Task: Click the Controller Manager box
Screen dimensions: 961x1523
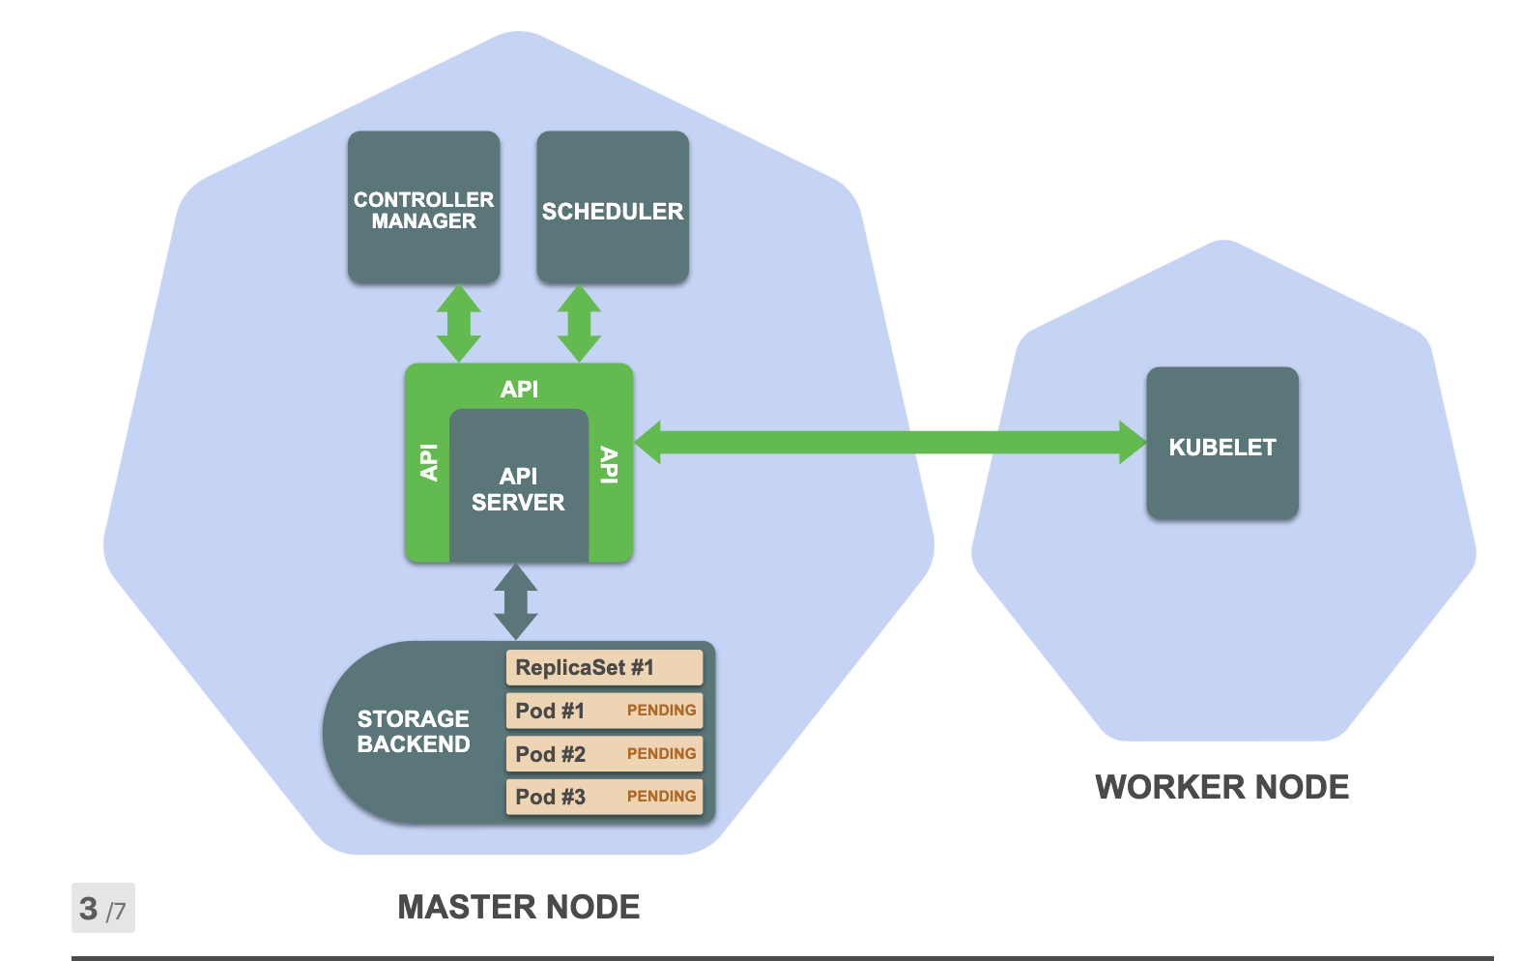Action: point(423,208)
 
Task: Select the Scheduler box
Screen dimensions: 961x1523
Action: point(613,208)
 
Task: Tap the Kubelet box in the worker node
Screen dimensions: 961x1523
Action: point(1222,444)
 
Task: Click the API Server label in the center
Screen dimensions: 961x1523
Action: point(518,489)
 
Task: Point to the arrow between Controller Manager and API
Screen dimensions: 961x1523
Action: point(459,323)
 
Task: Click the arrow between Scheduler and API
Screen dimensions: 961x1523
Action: point(580,323)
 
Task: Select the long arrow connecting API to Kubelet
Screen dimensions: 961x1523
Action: point(889,443)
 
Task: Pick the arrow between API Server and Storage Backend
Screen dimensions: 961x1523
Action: point(516,601)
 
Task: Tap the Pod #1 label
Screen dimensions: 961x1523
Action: point(550,711)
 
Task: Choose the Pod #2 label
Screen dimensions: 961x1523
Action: point(550,754)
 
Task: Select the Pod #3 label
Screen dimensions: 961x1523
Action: point(550,797)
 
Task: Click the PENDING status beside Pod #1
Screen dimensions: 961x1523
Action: point(661,711)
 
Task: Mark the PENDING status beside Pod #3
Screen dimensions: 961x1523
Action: point(661,797)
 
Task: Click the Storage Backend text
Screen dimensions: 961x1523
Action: point(414,731)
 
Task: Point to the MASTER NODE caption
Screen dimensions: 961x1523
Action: point(519,907)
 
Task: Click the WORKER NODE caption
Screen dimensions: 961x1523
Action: point(1221,787)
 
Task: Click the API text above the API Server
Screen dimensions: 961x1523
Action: point(519,389)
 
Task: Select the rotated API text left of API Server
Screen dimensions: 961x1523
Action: point(429,462)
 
